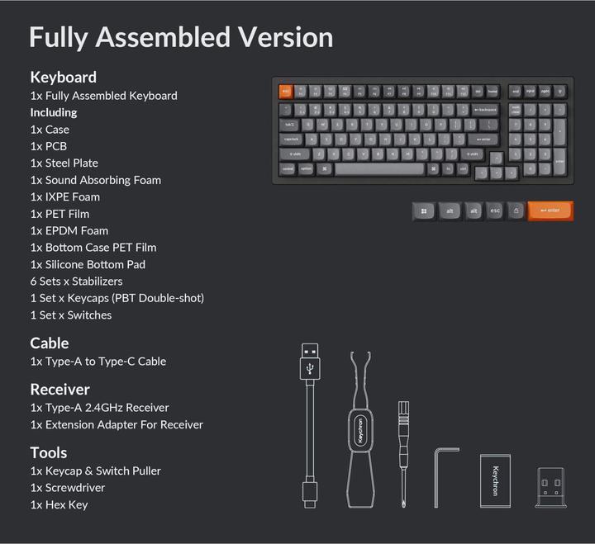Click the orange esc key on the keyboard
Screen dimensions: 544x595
[285, 92]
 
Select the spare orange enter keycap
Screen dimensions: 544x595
[550, 211]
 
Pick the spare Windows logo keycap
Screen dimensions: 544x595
[423, 211]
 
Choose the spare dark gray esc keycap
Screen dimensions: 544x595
[494, 211]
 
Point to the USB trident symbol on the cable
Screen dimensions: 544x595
[311, 371]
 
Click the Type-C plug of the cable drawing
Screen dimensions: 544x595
[309, 494]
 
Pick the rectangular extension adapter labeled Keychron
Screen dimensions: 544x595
[495, 480]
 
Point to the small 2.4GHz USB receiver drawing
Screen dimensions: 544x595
[550, 487]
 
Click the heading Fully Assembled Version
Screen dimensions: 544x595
[181, 37]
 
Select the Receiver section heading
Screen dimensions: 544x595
[59, 389]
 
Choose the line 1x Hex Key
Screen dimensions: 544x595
[59, 504]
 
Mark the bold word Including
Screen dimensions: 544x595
[54, 112]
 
